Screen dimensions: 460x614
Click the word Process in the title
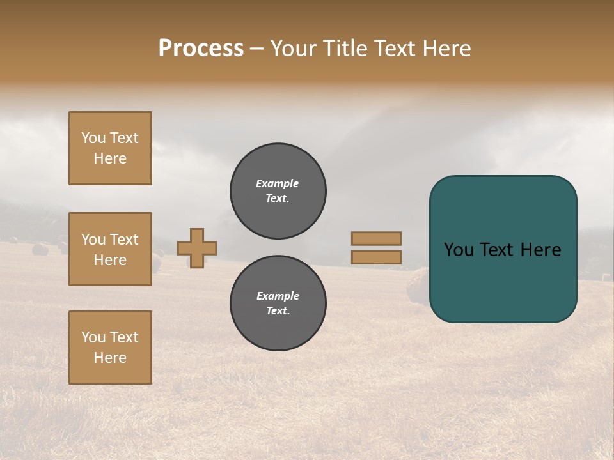(201, 49)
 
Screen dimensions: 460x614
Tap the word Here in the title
(447, 49)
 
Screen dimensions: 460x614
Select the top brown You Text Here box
(110, 148)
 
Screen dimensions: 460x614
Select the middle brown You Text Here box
(110, 249)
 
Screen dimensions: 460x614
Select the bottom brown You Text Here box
(110, 348)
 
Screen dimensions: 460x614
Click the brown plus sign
(197, 248)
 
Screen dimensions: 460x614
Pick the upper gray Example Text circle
(278, 191)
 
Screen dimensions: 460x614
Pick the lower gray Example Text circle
(278, 303)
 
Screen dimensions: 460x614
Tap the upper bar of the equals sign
(377, 238)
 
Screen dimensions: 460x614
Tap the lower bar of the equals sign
(377, 257)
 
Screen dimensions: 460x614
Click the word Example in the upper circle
(277, 183)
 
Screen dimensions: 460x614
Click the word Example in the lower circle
(278, 296)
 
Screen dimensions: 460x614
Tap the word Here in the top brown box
(110, 158)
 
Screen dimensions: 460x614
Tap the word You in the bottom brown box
(93, 337)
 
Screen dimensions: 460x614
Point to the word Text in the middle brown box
(124, 240)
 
